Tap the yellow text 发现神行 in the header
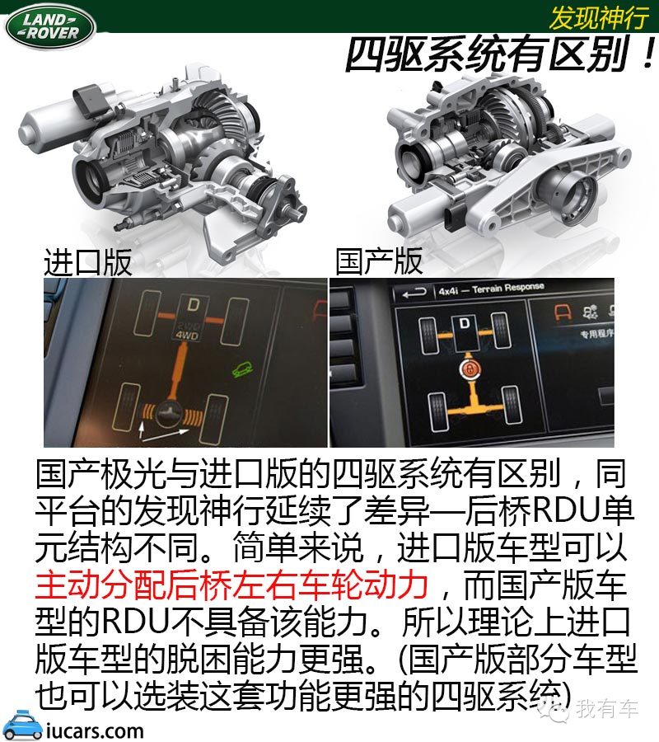596,16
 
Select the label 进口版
87,261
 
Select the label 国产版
379,261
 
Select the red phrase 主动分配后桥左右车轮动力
231,585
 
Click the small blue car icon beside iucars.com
23,726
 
